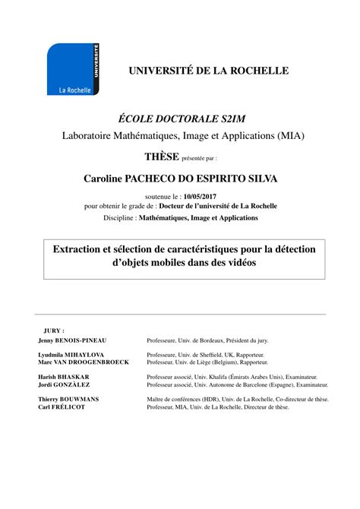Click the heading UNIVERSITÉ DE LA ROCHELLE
[x=208, y=71]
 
